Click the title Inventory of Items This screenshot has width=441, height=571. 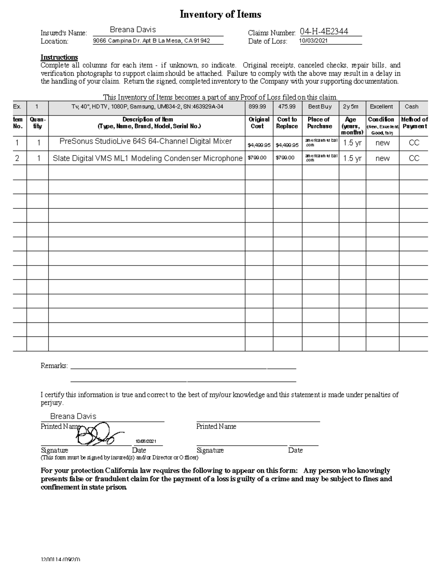point(220,15)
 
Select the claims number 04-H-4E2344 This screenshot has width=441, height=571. point(324,32)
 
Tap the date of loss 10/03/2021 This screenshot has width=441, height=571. point(313,41)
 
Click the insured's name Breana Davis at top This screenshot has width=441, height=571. point(133,30)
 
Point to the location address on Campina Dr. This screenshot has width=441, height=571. point(151,41)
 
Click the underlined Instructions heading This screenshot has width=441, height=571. point(59,57)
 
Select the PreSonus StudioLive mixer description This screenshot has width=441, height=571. point(146,141)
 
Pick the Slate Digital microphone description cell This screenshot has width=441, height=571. point(147,158)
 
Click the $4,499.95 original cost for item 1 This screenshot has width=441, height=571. point(259,145)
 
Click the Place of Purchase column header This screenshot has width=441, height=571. point(319,123)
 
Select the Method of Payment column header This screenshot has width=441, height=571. point(414,123)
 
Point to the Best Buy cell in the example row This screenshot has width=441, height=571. point(319,107)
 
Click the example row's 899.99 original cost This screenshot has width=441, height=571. point(257,107)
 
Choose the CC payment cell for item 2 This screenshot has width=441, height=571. point(414,158)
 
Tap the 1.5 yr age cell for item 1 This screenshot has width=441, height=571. point(352,143)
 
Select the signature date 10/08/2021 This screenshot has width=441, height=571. point(146,441)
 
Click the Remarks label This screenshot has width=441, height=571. point(54,366)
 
